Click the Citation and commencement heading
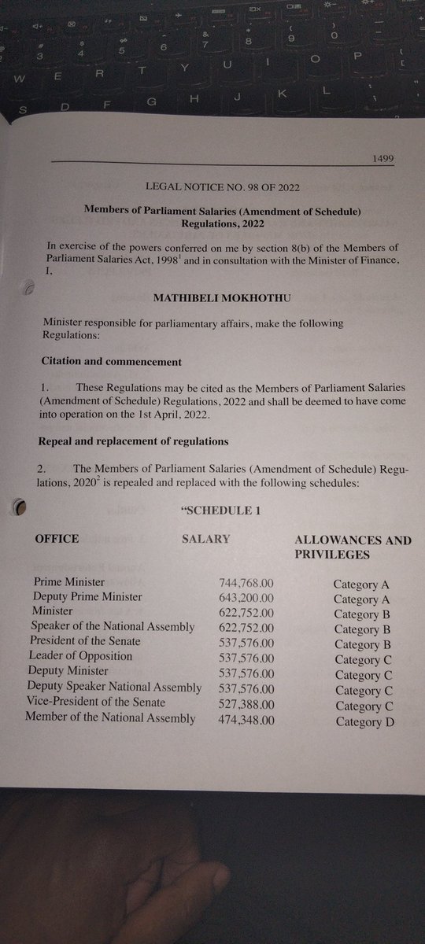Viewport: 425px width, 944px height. [x=111, y=362]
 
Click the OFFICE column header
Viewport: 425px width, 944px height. [x=57, y=539]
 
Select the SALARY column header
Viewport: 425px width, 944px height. [x=206, y=539]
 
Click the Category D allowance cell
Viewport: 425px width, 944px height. [x=364, y=723]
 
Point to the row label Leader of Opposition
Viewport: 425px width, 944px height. [x=80, y=656]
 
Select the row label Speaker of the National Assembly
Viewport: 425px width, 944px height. [x=112, y=626]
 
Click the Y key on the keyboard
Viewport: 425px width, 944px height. [x=183, y=68]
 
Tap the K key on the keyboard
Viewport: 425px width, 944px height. [x=279, y=93]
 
